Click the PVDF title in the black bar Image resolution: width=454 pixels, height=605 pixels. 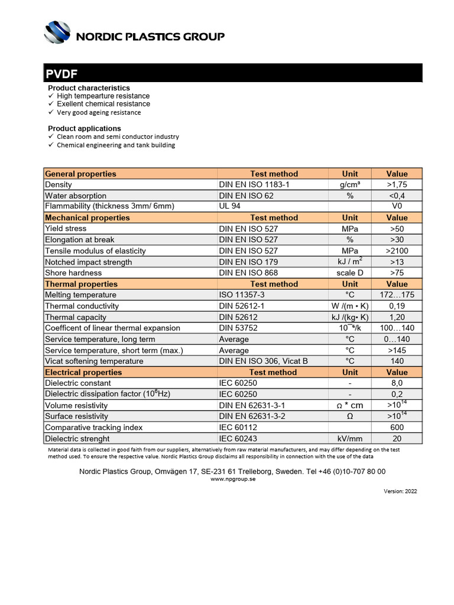(x=61, y=74)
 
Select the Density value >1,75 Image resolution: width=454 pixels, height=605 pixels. (x=397, y=184)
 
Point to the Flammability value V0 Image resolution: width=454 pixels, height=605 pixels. (x=397, y=206)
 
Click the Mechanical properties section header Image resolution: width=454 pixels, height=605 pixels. (x=87, y=217)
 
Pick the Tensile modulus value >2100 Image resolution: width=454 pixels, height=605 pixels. (x=397, y=251)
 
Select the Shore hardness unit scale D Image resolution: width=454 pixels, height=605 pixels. (x=350, y=273)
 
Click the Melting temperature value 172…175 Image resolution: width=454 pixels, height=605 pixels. (x=397, y=295)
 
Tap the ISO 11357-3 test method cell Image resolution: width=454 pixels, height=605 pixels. (x=242, y=295)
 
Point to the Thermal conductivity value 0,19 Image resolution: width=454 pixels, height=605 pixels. (x=397, y=306)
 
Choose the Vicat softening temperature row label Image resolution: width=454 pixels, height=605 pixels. (x=94, y=361)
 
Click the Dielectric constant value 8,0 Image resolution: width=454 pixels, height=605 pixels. (x=397, y=383)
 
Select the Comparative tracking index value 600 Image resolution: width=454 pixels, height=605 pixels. (x=397, y=427)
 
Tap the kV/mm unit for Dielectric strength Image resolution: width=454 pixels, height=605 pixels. (x=350, y=438)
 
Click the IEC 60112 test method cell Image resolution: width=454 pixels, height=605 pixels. (x=237, y=427)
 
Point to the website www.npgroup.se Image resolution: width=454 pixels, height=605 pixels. (x=233, y=479)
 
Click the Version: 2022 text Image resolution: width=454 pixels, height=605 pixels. (x=400, y=491)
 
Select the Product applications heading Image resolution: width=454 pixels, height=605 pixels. (x=84, y=128)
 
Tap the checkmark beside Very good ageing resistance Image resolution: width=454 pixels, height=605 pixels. (x=51, y=112)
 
